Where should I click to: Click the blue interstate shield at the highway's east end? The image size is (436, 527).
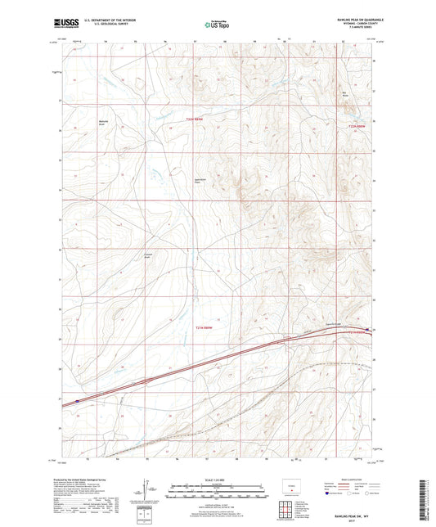[367, 330]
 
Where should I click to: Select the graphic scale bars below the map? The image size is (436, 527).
[217, 493]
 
